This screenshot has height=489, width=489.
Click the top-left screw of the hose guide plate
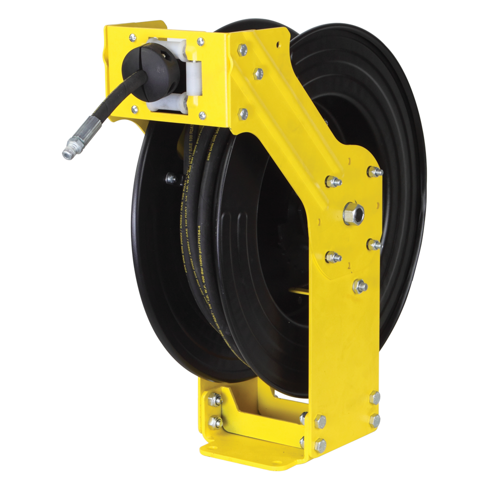(133, 37)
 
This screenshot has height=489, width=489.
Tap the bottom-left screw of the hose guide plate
(134, 110)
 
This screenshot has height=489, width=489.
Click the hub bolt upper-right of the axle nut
(375, 172)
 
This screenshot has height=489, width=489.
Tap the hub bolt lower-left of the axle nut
(333, 256)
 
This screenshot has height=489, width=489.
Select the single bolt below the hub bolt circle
(360, 286)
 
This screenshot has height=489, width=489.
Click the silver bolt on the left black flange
(171, 178)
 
